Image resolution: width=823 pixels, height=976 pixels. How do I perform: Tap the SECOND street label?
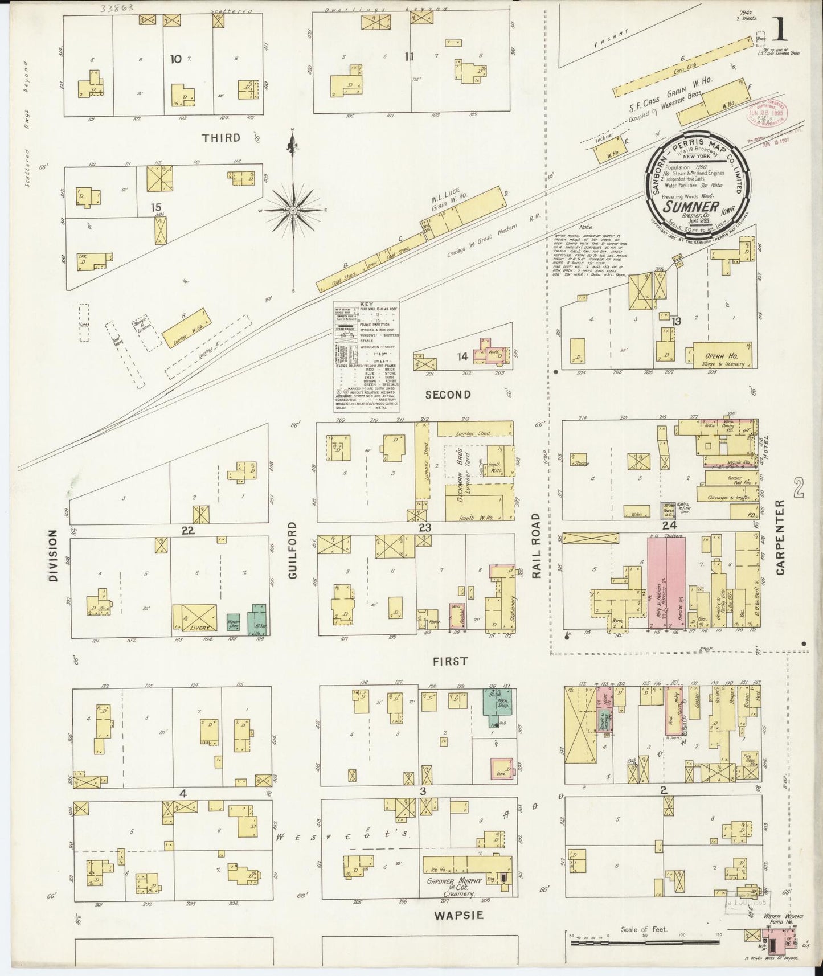[448, 394]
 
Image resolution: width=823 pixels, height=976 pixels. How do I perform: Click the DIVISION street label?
[53, 555]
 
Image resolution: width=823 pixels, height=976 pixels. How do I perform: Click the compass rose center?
[293, 211]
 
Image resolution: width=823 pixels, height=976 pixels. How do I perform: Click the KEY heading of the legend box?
[366, 304]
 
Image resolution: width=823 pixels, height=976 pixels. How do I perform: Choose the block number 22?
[188, 530]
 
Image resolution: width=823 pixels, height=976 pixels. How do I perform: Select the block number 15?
[155, 208]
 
